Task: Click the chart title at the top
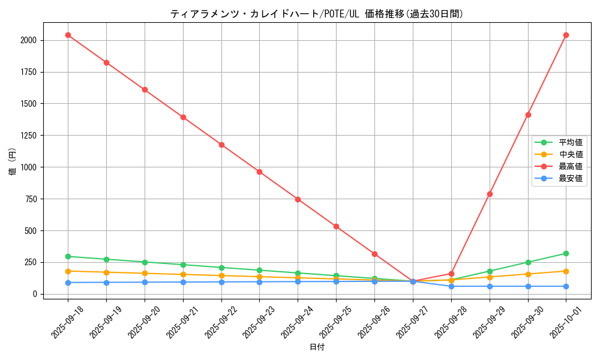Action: [x=317, y=14]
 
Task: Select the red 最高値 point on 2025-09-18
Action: [x=68, y=35]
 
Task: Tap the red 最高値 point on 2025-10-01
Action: [x=566, y=35]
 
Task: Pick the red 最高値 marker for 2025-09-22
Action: [x=221, y=145]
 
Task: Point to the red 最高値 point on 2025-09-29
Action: [x=490, y=194]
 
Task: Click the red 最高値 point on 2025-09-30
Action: [x=528, y=115]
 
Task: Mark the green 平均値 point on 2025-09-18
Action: [x=68, y=256]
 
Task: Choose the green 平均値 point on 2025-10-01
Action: [x=566, y=253]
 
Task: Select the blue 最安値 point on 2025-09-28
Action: [x=451, y=286]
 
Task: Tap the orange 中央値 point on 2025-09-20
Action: [x=145, y=274]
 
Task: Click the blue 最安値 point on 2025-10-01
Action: [x=566, y=286]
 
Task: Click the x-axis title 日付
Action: [x=317, y=347]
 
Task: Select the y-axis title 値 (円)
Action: [x=13, y=161]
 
